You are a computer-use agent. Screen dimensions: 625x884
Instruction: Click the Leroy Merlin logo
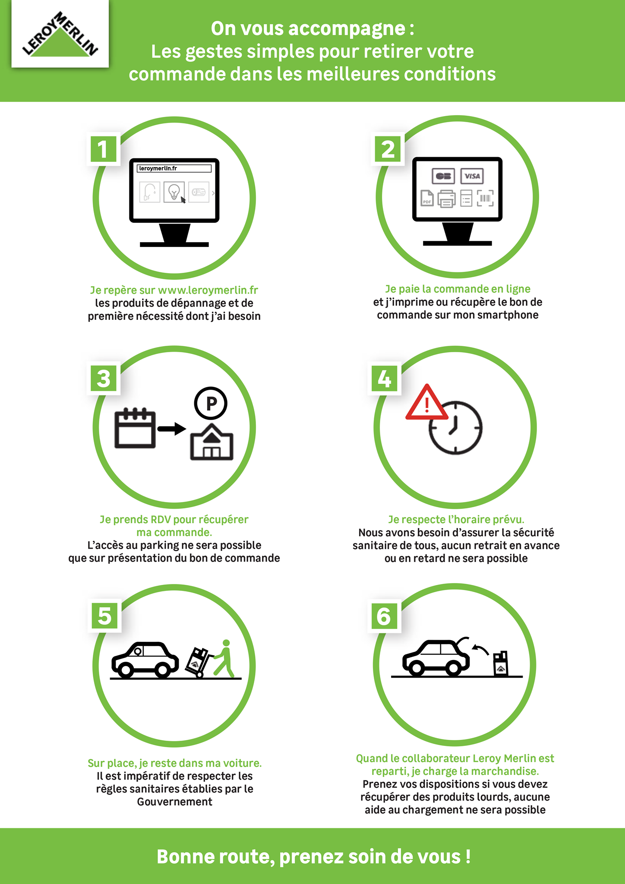click(x=60, y=34)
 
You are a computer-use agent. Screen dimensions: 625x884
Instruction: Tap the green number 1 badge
click(x=103, y=149)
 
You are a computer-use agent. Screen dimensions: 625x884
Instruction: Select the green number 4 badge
click(x=384, y=379)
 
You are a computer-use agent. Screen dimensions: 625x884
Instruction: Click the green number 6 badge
click(x=384, y=616)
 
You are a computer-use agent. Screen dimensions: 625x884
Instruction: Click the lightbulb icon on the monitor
click(x=174, y=192)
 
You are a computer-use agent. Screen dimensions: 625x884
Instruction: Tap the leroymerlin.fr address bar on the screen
click(x=174, y=168)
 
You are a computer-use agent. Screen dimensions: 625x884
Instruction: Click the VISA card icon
click(x=472, y=176)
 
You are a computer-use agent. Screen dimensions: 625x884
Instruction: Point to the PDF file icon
click(x=427, y=198)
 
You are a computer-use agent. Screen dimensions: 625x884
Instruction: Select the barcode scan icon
click(x=486, y=198)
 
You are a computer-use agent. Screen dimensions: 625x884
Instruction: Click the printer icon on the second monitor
click(x=446, y=199)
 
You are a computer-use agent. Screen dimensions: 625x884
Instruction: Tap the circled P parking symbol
click(x=211, y=403)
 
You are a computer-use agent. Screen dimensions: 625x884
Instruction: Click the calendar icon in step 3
click(x=135, y=428)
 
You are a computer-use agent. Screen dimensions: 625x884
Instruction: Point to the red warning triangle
click(x=426, y=402)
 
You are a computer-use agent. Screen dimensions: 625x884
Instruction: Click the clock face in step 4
click(x=455, y=428)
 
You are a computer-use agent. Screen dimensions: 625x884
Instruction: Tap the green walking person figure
click(x=224, y=658)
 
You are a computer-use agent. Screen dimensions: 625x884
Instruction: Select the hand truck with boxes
click(x=199, y=663)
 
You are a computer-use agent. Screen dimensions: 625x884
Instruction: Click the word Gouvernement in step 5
click(x=174, y=802)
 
